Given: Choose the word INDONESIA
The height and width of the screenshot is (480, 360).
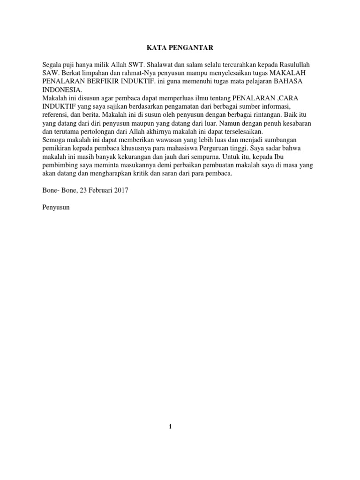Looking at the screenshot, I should (x=61, y=90).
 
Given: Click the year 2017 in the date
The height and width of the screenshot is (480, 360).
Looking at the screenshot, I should (x=120, y=190).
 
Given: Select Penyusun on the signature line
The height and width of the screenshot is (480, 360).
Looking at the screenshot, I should (x=56, y=207).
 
